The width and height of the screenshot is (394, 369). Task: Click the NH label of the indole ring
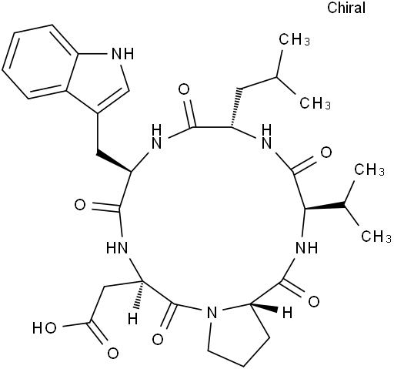coord(124,54)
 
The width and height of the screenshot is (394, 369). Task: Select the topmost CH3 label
coord(294,40)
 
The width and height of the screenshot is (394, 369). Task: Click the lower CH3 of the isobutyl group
coord(315,103)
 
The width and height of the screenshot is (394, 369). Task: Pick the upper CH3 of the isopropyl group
coord(369,169)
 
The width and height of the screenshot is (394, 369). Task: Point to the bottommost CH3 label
coord(376,236)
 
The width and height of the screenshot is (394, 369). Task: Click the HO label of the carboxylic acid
coord(44,328)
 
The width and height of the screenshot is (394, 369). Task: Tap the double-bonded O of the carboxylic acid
coord(112,353)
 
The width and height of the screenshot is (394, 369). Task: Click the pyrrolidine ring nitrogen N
coord(212,313)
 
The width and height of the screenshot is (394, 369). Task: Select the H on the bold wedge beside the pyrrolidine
coord(287,313)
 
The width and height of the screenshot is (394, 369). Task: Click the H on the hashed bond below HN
coord(132,319)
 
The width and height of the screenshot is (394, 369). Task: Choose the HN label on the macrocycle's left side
coord(117,248)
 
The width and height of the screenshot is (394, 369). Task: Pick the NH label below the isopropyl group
coord(306,248)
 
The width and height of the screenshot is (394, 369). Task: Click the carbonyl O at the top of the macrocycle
coord(184,89)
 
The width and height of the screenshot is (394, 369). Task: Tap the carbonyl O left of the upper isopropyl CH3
coord(326,153)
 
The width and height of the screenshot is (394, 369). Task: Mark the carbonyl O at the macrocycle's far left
coord(80,205)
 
